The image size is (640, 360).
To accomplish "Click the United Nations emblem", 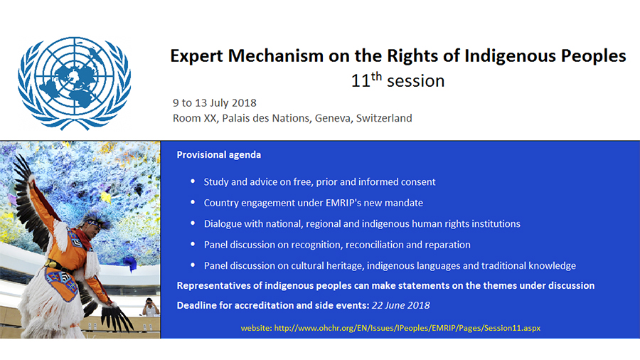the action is click(74, 83).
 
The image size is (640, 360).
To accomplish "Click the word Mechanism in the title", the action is click(275, 56).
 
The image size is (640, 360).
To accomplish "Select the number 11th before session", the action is click(366, 80).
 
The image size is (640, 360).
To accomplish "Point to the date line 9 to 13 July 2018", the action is click(215, 103).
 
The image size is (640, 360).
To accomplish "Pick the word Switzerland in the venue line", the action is click(384, 118).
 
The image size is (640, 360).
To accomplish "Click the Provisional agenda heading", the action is click(219, 154).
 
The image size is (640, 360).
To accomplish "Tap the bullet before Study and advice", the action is click(193, 181).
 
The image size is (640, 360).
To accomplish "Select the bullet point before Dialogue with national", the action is click(193, 223).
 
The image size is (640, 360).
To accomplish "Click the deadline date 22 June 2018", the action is click(400, 305).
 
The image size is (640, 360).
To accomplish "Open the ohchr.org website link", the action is click(407, 328).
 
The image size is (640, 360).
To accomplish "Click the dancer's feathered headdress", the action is click(97, 220).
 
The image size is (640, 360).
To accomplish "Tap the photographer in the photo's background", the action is click(150, 307).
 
